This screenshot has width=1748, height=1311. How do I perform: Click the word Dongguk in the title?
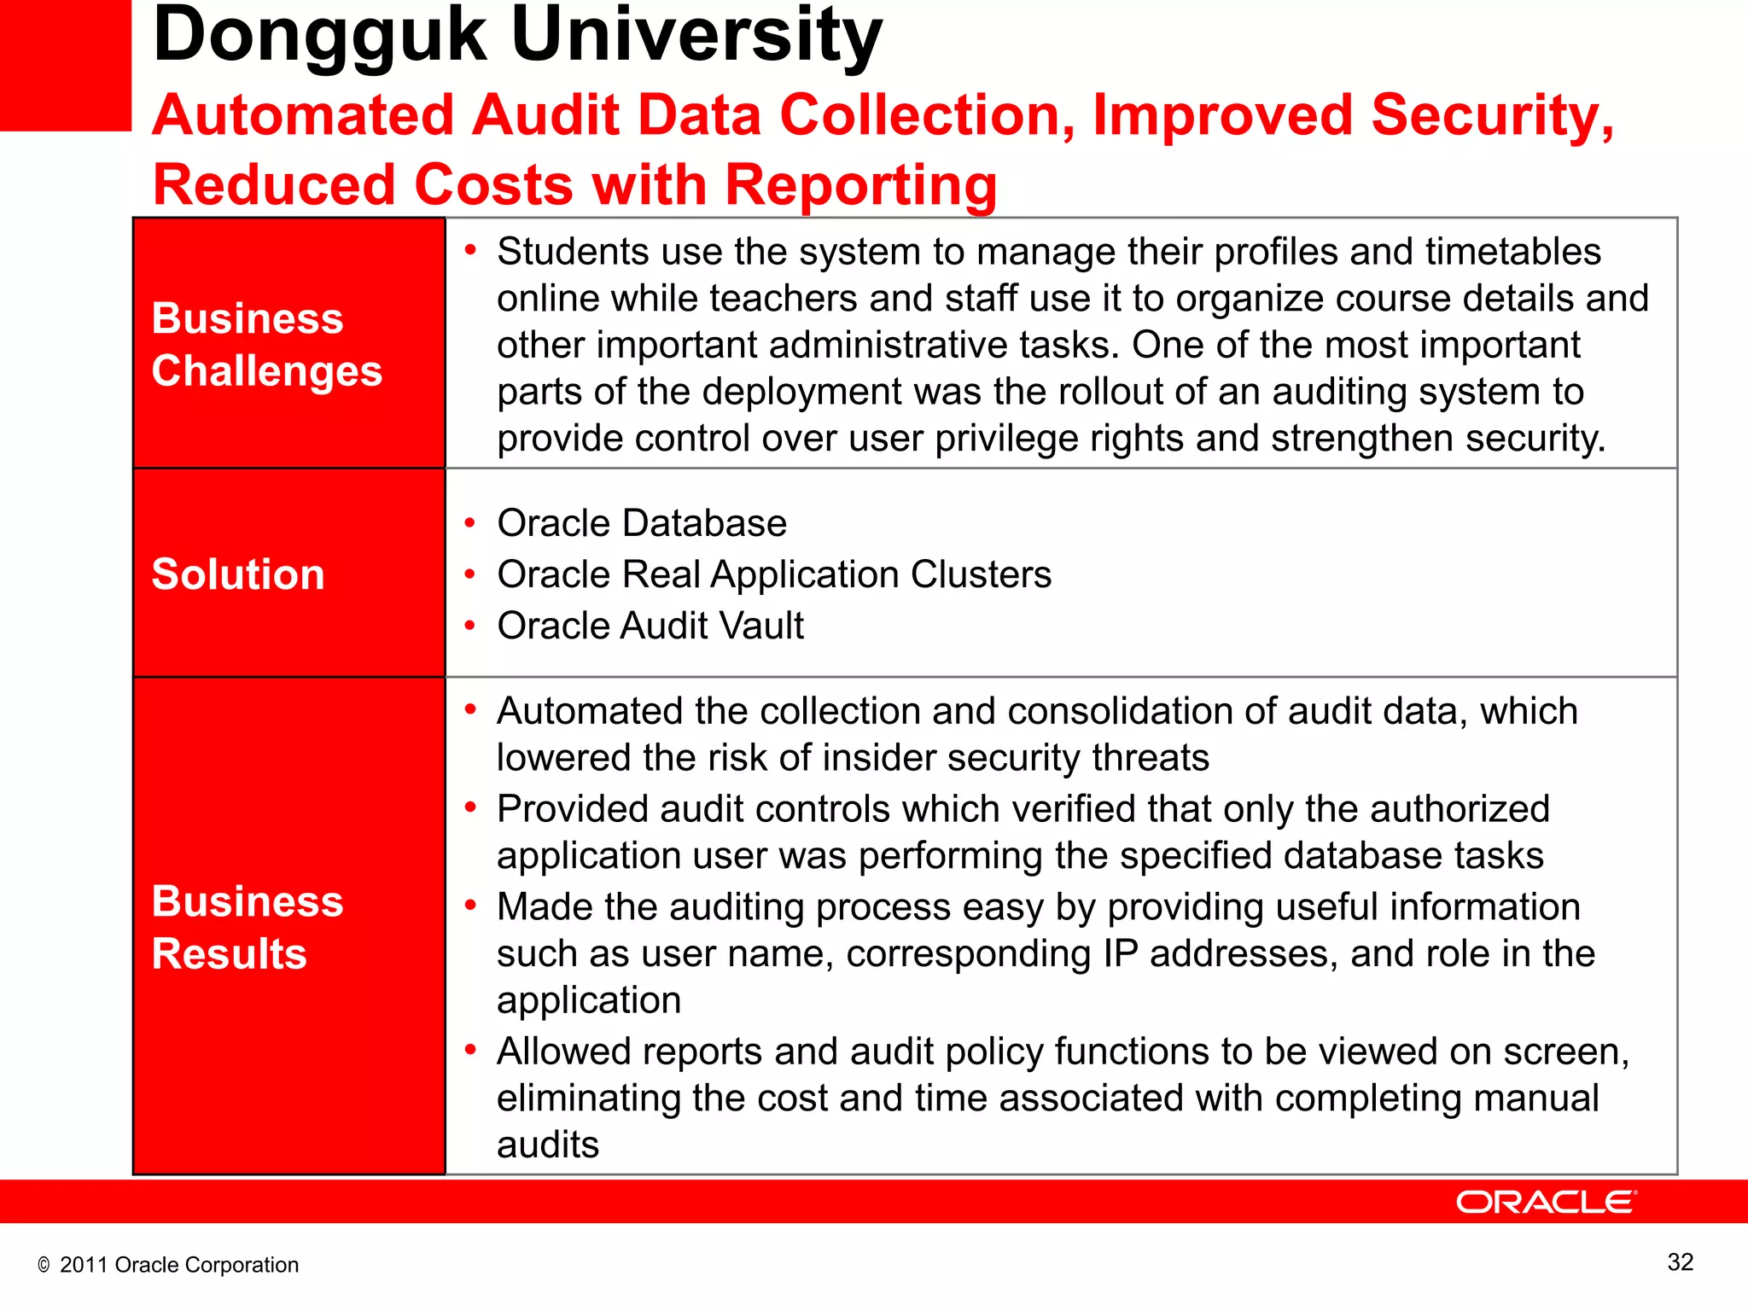[319, 36]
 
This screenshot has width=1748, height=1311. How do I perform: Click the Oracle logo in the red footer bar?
[1546, 1202]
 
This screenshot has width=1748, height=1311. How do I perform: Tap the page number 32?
[1680, 1261]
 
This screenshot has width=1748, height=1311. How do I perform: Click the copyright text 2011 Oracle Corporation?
[178, 1265]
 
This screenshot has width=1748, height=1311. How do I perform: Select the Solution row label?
[238, 574]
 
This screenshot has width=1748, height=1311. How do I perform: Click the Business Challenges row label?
[266, 344]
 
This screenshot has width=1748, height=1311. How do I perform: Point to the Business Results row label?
[248, 927]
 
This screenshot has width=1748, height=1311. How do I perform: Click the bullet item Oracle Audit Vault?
[650, 626]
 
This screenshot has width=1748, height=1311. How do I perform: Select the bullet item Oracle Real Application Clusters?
[774, 574]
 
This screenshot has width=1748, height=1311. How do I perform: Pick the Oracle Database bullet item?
[642, 523]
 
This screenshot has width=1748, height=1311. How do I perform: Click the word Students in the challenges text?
[568, 252]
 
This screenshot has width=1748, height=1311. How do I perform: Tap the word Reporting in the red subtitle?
[861, 185]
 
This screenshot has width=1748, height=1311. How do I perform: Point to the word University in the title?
[696, 36]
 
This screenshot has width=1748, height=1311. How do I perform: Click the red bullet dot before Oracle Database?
[469, 522]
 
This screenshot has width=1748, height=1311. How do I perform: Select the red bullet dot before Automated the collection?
[469, 709]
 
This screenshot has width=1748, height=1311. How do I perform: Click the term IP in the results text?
[1120, 953]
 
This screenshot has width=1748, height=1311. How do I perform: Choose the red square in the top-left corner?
[65, 65]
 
